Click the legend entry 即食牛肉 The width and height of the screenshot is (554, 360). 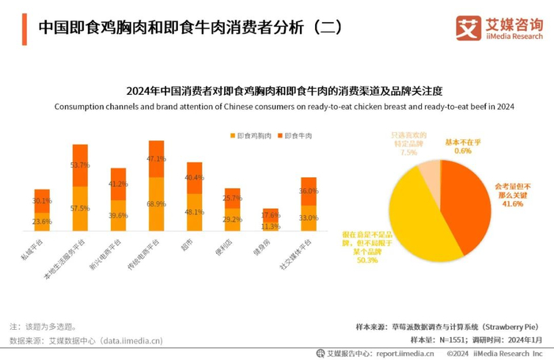coord(296,136)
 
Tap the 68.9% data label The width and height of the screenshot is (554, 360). coord(156,204)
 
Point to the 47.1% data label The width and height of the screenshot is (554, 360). coord(156,159)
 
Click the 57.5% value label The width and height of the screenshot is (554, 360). coord(80,208)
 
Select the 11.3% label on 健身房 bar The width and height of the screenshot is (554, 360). coord(271,225)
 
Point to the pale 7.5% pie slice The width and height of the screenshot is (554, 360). coord(430,172)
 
